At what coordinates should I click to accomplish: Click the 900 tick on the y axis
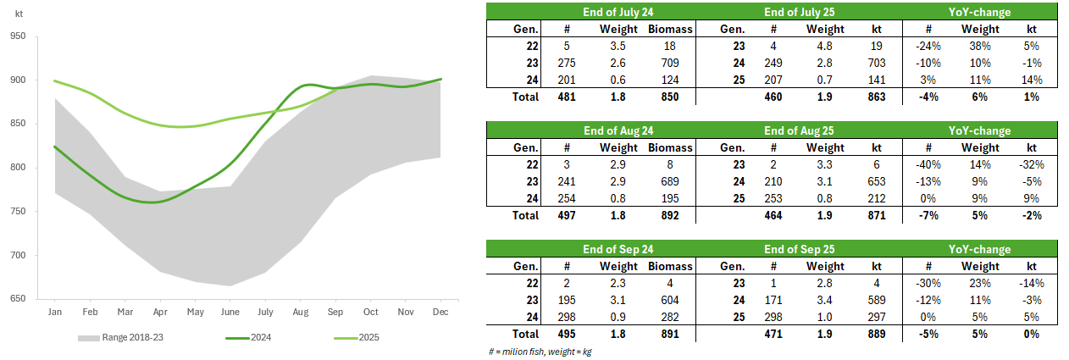click(x=19, y=80)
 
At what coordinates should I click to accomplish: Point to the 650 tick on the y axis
click(x=19, y=299)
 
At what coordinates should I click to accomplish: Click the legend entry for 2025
click(x=367, y=338)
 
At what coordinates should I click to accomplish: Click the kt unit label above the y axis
click(x=19, y=14)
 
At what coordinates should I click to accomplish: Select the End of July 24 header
click(x=618, y=12)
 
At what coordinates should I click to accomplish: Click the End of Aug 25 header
click(x=799, y=131)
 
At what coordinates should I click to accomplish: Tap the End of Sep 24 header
click(x=618, y=250)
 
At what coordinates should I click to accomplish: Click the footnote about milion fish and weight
click(x=540, y=351)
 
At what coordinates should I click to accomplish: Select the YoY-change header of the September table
click(x=979, y=250)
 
